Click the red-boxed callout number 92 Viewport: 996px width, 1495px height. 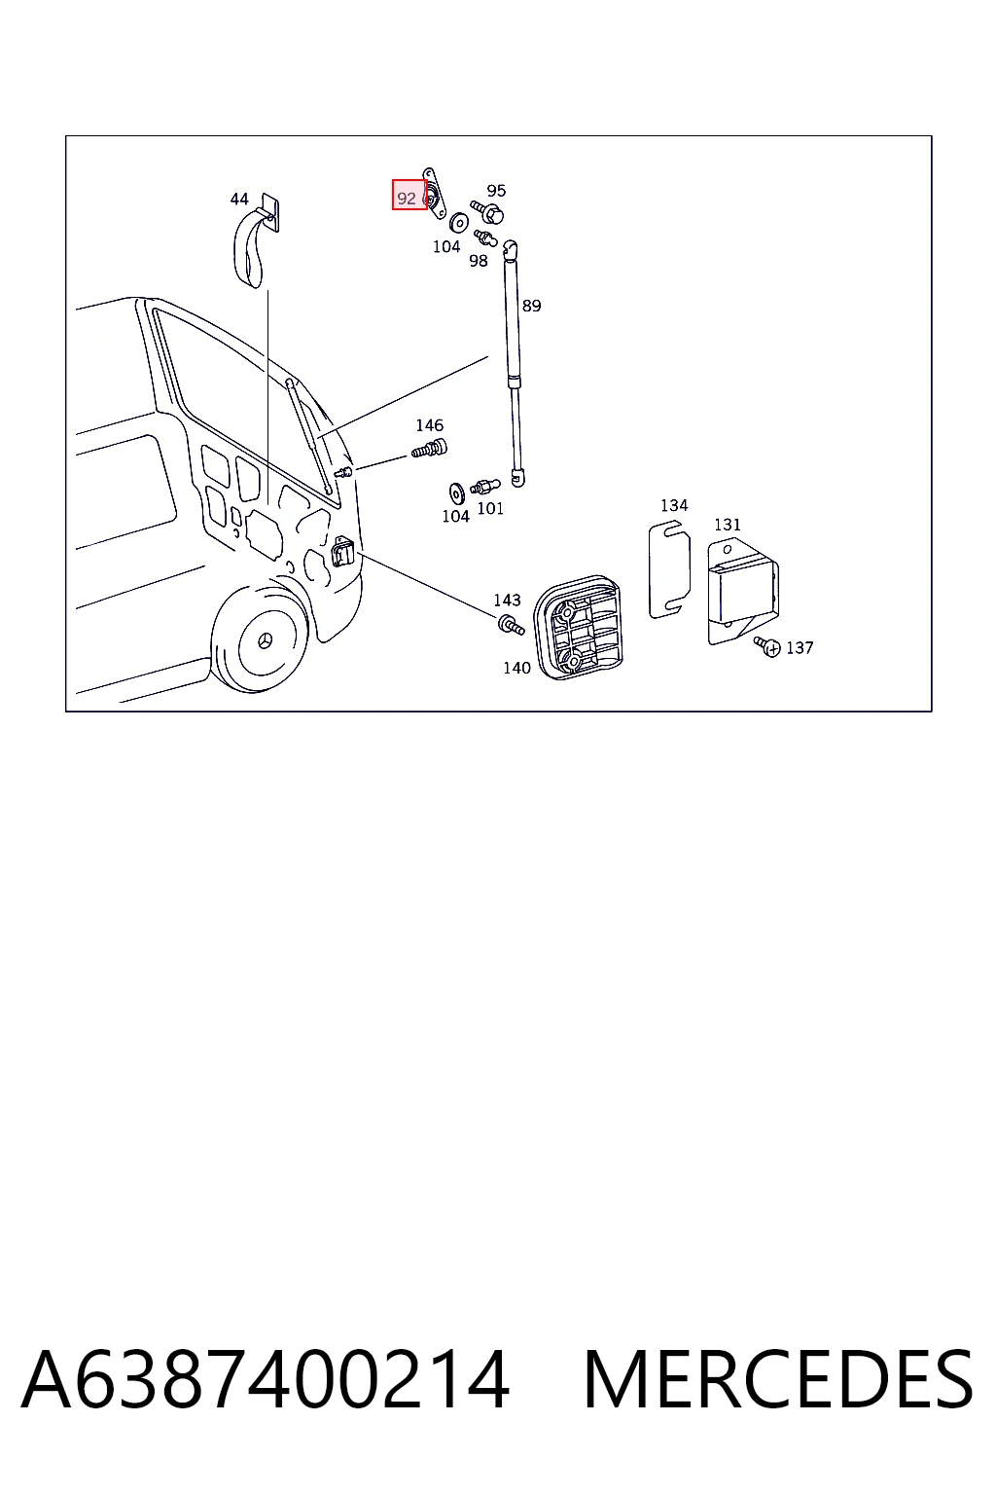407,199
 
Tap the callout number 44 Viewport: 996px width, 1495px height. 239,199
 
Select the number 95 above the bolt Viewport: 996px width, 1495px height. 496,191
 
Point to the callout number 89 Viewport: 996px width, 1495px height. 532,306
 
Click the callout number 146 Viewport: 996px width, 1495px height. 430,425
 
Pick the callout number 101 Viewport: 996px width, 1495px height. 490,509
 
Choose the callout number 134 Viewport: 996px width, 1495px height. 674,505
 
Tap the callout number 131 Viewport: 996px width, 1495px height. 728,525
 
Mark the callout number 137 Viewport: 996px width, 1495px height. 800,648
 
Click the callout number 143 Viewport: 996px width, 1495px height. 507,600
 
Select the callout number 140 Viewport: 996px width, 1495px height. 517,668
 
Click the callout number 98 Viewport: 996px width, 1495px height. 479,261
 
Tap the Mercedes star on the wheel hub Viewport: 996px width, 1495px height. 265,640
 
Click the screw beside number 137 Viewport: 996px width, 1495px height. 767,646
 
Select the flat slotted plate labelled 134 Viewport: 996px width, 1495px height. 669,571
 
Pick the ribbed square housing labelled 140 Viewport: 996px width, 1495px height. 578,628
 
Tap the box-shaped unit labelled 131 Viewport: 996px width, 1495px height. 742,592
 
